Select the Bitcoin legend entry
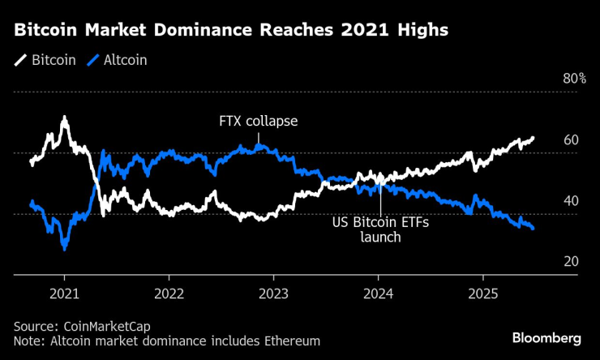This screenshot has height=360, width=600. (48, 60)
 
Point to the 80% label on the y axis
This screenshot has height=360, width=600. (574, 79)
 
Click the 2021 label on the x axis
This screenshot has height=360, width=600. (64, 293)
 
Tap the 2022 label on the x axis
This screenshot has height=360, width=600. (169, 293)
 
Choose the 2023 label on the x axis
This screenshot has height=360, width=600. (273, 293)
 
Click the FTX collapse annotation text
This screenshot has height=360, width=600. (259, 122)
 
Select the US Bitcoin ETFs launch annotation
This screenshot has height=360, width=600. (380, 229)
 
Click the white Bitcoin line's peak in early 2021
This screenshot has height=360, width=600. (64, 118)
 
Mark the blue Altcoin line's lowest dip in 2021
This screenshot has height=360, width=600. (64, 248)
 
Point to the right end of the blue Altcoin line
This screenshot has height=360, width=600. (533, 229)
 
